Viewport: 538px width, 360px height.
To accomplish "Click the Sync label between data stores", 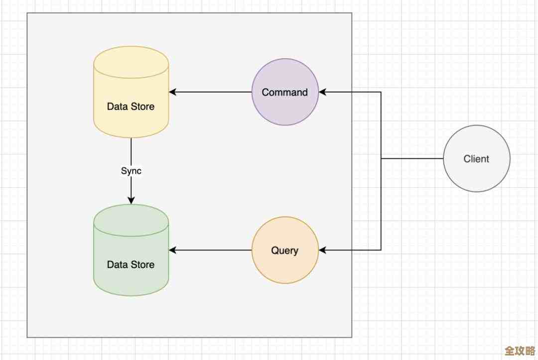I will click(131, 171).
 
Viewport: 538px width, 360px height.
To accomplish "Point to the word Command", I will click(285, 92).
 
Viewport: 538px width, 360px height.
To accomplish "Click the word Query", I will click(285, 250).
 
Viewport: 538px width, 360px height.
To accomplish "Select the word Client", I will click(477, 159).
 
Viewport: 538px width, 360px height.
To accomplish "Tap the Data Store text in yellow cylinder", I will click(131, 107).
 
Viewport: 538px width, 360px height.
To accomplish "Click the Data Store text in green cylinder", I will click(131, 265).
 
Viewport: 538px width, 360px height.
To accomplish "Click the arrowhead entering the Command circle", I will click(322, 92).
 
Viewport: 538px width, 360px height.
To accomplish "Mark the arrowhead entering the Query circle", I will click(322, 250).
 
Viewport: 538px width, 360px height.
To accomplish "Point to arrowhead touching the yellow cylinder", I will click(172, 92).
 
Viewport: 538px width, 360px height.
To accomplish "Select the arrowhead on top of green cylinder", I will click(131, 201).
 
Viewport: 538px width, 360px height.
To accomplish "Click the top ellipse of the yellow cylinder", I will click(131, 62).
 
